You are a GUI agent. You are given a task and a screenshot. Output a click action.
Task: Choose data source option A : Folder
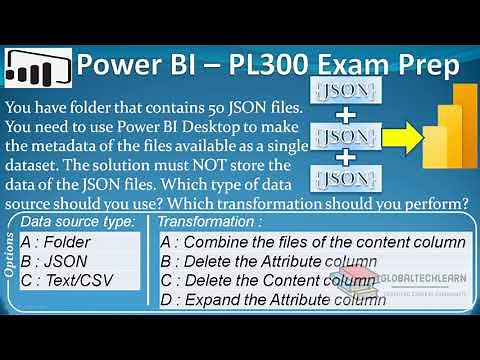click(58, 241)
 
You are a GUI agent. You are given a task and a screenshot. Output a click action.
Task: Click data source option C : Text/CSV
click(69, 281)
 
